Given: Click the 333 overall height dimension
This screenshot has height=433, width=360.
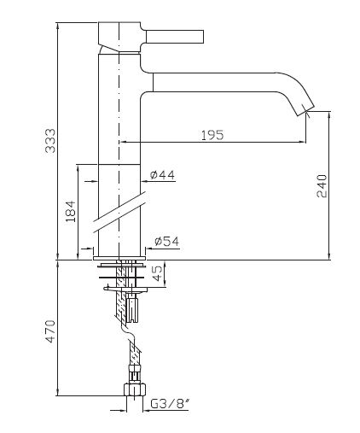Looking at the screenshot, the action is tap(50, 141).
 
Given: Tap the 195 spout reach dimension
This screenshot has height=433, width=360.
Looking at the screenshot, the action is tap(212, 135).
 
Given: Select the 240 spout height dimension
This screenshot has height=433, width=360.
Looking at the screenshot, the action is tap(322, 186).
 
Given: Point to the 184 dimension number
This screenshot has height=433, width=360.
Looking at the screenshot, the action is tap(71, 211).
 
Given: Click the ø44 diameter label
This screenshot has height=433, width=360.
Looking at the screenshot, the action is tap(162, 174).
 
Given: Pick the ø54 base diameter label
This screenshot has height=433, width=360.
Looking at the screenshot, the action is tap(167, 242).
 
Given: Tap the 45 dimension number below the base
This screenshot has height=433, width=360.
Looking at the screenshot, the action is tap(157, 272).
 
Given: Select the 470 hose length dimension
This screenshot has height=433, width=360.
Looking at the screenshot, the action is tap(50, 331).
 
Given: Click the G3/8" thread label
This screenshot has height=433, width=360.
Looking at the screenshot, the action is tap(170, 403).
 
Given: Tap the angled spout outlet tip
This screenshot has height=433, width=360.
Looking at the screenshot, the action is tap(305, 110).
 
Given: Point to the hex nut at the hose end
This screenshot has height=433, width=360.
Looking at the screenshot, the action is tap(135, 389).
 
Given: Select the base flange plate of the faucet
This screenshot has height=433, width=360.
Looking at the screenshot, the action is tap(119, 258).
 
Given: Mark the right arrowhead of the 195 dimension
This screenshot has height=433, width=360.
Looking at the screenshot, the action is tap(303, 142).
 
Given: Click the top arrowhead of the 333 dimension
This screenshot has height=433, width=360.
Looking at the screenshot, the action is tap(58, 26).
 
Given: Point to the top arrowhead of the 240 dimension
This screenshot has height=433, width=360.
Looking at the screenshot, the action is tap(329, 114).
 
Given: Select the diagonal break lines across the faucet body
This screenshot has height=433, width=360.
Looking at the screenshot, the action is tap(120, 212).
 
